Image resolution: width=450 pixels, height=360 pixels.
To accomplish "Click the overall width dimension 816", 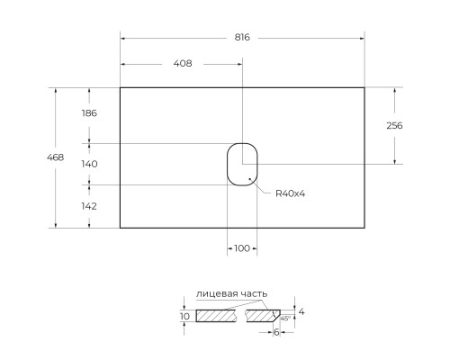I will [x=242, y=38].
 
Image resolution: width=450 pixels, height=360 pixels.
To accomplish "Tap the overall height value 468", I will [x=55, y=157].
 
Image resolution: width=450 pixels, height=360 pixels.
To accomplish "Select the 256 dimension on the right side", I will [x=393, y=125].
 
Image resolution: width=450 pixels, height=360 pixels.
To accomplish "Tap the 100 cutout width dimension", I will [x=242, y=247].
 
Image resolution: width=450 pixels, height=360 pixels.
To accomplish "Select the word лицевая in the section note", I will [x=215, y=294].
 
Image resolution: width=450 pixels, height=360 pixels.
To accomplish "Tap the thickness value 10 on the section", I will [x=184, y=316].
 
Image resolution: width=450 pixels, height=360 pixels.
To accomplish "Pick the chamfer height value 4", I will [x=301, y=311].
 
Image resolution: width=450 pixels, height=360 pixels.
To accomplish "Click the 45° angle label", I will [x=285, y=319].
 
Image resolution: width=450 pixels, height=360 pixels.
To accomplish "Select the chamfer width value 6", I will [x=276, y=332].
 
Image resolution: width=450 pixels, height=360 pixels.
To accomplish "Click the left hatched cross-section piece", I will [x=217, y=316].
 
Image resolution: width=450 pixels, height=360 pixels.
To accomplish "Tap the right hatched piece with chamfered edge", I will [x=264, y=316].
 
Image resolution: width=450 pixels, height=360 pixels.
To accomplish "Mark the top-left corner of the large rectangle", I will [x=121, y=87].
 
